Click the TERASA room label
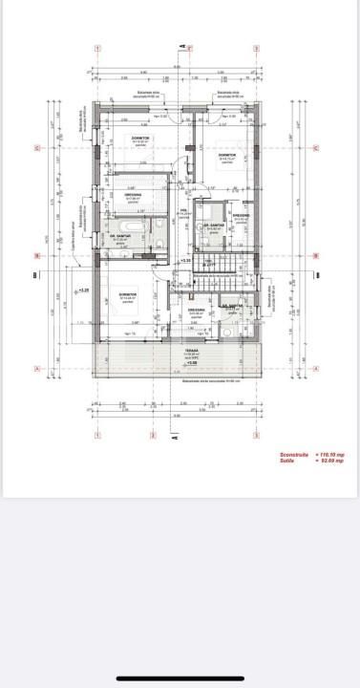pos(191,351)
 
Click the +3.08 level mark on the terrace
pos(191,363)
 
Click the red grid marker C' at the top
pos(189,47)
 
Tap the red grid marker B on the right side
pos(315,256)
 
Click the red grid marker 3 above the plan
pos(256,47)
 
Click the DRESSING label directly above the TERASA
pos(196,311)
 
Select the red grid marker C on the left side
pos(36,148)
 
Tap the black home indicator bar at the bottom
pos(180,679)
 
